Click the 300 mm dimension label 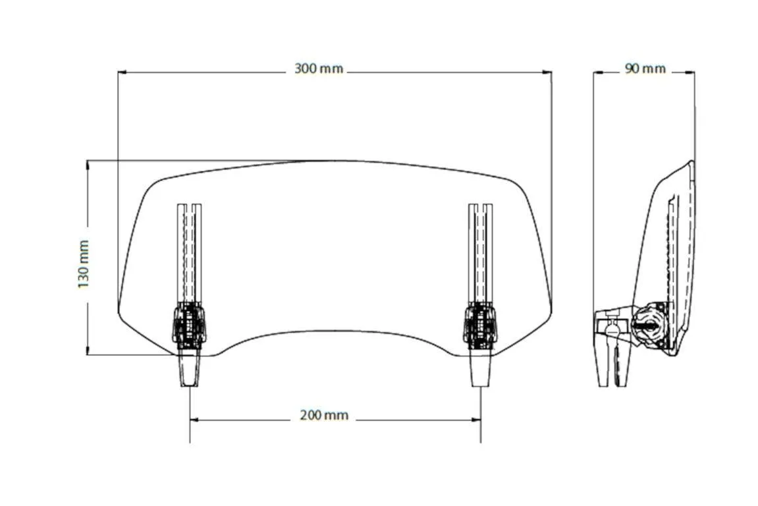click(319, 69)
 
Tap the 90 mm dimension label click(645, 69)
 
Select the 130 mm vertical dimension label click(83, 264)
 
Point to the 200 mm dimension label click(324, 415)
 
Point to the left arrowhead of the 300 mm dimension click(122, 72)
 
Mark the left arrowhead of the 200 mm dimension click(194, 418)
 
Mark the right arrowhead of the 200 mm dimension click(476, 418)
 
